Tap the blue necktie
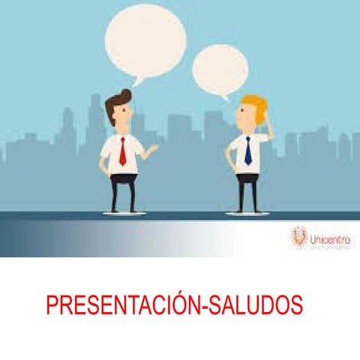click(x=247, y=150)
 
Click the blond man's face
click(x=247, y=116)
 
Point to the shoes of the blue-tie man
click(x=245, y=211)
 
